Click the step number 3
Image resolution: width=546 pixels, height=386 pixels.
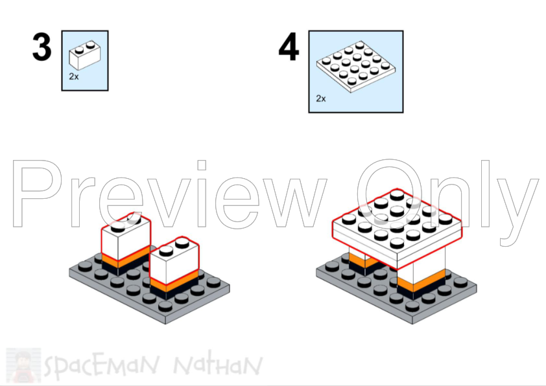[42, 48]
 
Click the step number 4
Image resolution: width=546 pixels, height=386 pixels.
[289, 48]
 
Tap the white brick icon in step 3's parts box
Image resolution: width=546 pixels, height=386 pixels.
[85, 56]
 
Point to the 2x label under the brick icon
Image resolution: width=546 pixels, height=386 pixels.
[74, 76]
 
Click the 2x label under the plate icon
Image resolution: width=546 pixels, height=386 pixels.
[320, 98]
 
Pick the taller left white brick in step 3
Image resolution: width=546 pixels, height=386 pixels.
[125, 241]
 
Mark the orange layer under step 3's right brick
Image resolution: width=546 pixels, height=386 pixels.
[172, 284]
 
